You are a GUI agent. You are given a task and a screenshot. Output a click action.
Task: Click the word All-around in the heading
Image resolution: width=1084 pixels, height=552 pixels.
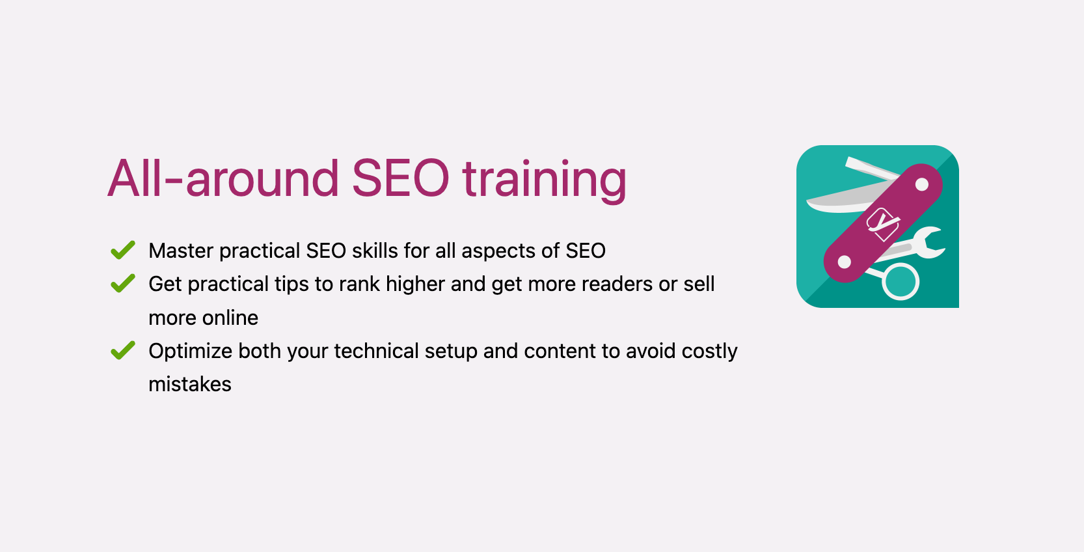click(223, 178)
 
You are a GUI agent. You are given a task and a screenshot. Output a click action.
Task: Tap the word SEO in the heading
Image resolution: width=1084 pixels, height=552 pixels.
click(400, 178)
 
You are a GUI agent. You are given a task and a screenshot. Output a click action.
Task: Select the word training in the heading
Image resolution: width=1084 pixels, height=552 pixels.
click(544, 180)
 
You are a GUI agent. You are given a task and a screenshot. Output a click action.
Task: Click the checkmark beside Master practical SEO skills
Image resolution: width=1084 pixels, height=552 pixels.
click(122, 250)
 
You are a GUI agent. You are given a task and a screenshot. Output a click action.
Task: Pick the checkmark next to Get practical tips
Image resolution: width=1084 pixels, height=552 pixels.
click(122, 283)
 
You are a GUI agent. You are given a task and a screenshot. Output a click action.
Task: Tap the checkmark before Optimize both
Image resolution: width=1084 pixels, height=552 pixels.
click(122, 350)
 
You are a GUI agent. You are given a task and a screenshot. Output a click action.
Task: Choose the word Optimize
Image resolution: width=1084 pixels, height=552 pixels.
click(191, 352)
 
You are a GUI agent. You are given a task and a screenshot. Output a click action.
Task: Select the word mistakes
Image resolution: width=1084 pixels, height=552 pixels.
click(190, 384)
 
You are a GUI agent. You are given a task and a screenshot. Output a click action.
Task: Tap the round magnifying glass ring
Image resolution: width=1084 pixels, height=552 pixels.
click(901, 281)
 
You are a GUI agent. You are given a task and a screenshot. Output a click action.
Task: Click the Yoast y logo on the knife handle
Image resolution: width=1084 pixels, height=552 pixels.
click(882, 223)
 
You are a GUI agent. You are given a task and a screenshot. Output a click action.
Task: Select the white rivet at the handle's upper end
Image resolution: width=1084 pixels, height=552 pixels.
click(921, 185)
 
